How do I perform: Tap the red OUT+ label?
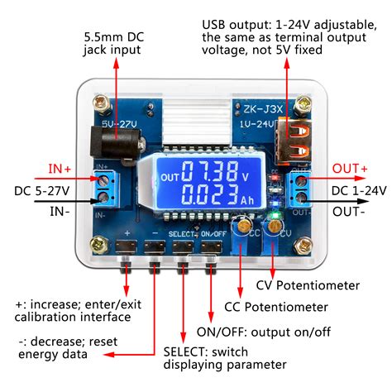click(x=349, y=169)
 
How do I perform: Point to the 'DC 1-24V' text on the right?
click(x=359, y=190)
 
